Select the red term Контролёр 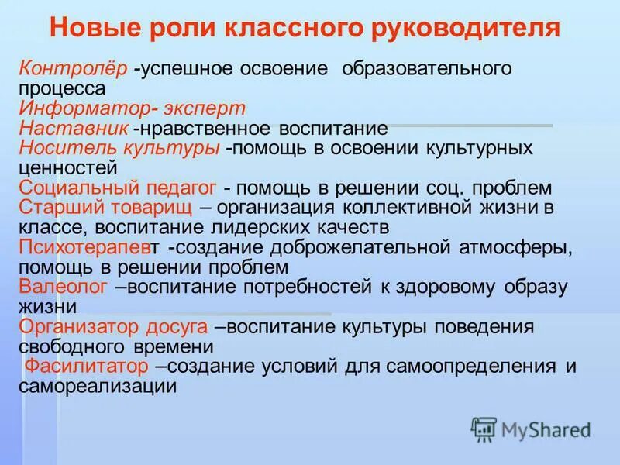coord(73,68)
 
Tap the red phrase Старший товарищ coord(104,208)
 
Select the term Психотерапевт coord(91,248)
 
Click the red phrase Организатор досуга coord(113,327)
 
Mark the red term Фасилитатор coord(86,367)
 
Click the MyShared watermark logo coord(531,429)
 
